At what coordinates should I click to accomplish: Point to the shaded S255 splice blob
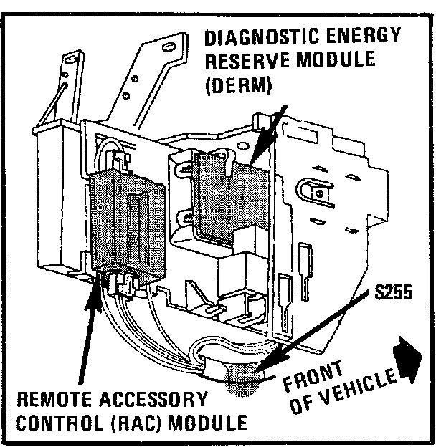[244, 380]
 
